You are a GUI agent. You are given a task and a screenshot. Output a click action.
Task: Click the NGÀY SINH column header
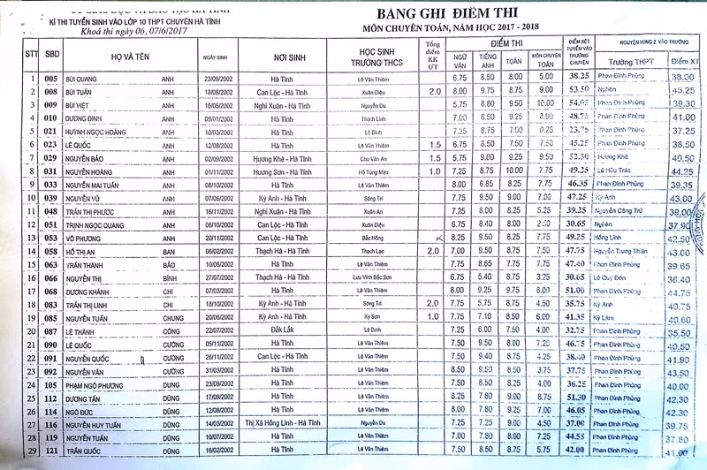click(x=217, y=56)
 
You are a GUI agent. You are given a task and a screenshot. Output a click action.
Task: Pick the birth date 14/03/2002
click(x=217, y=423)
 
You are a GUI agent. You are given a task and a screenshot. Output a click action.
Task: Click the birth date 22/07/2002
click(x=217, y=330)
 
